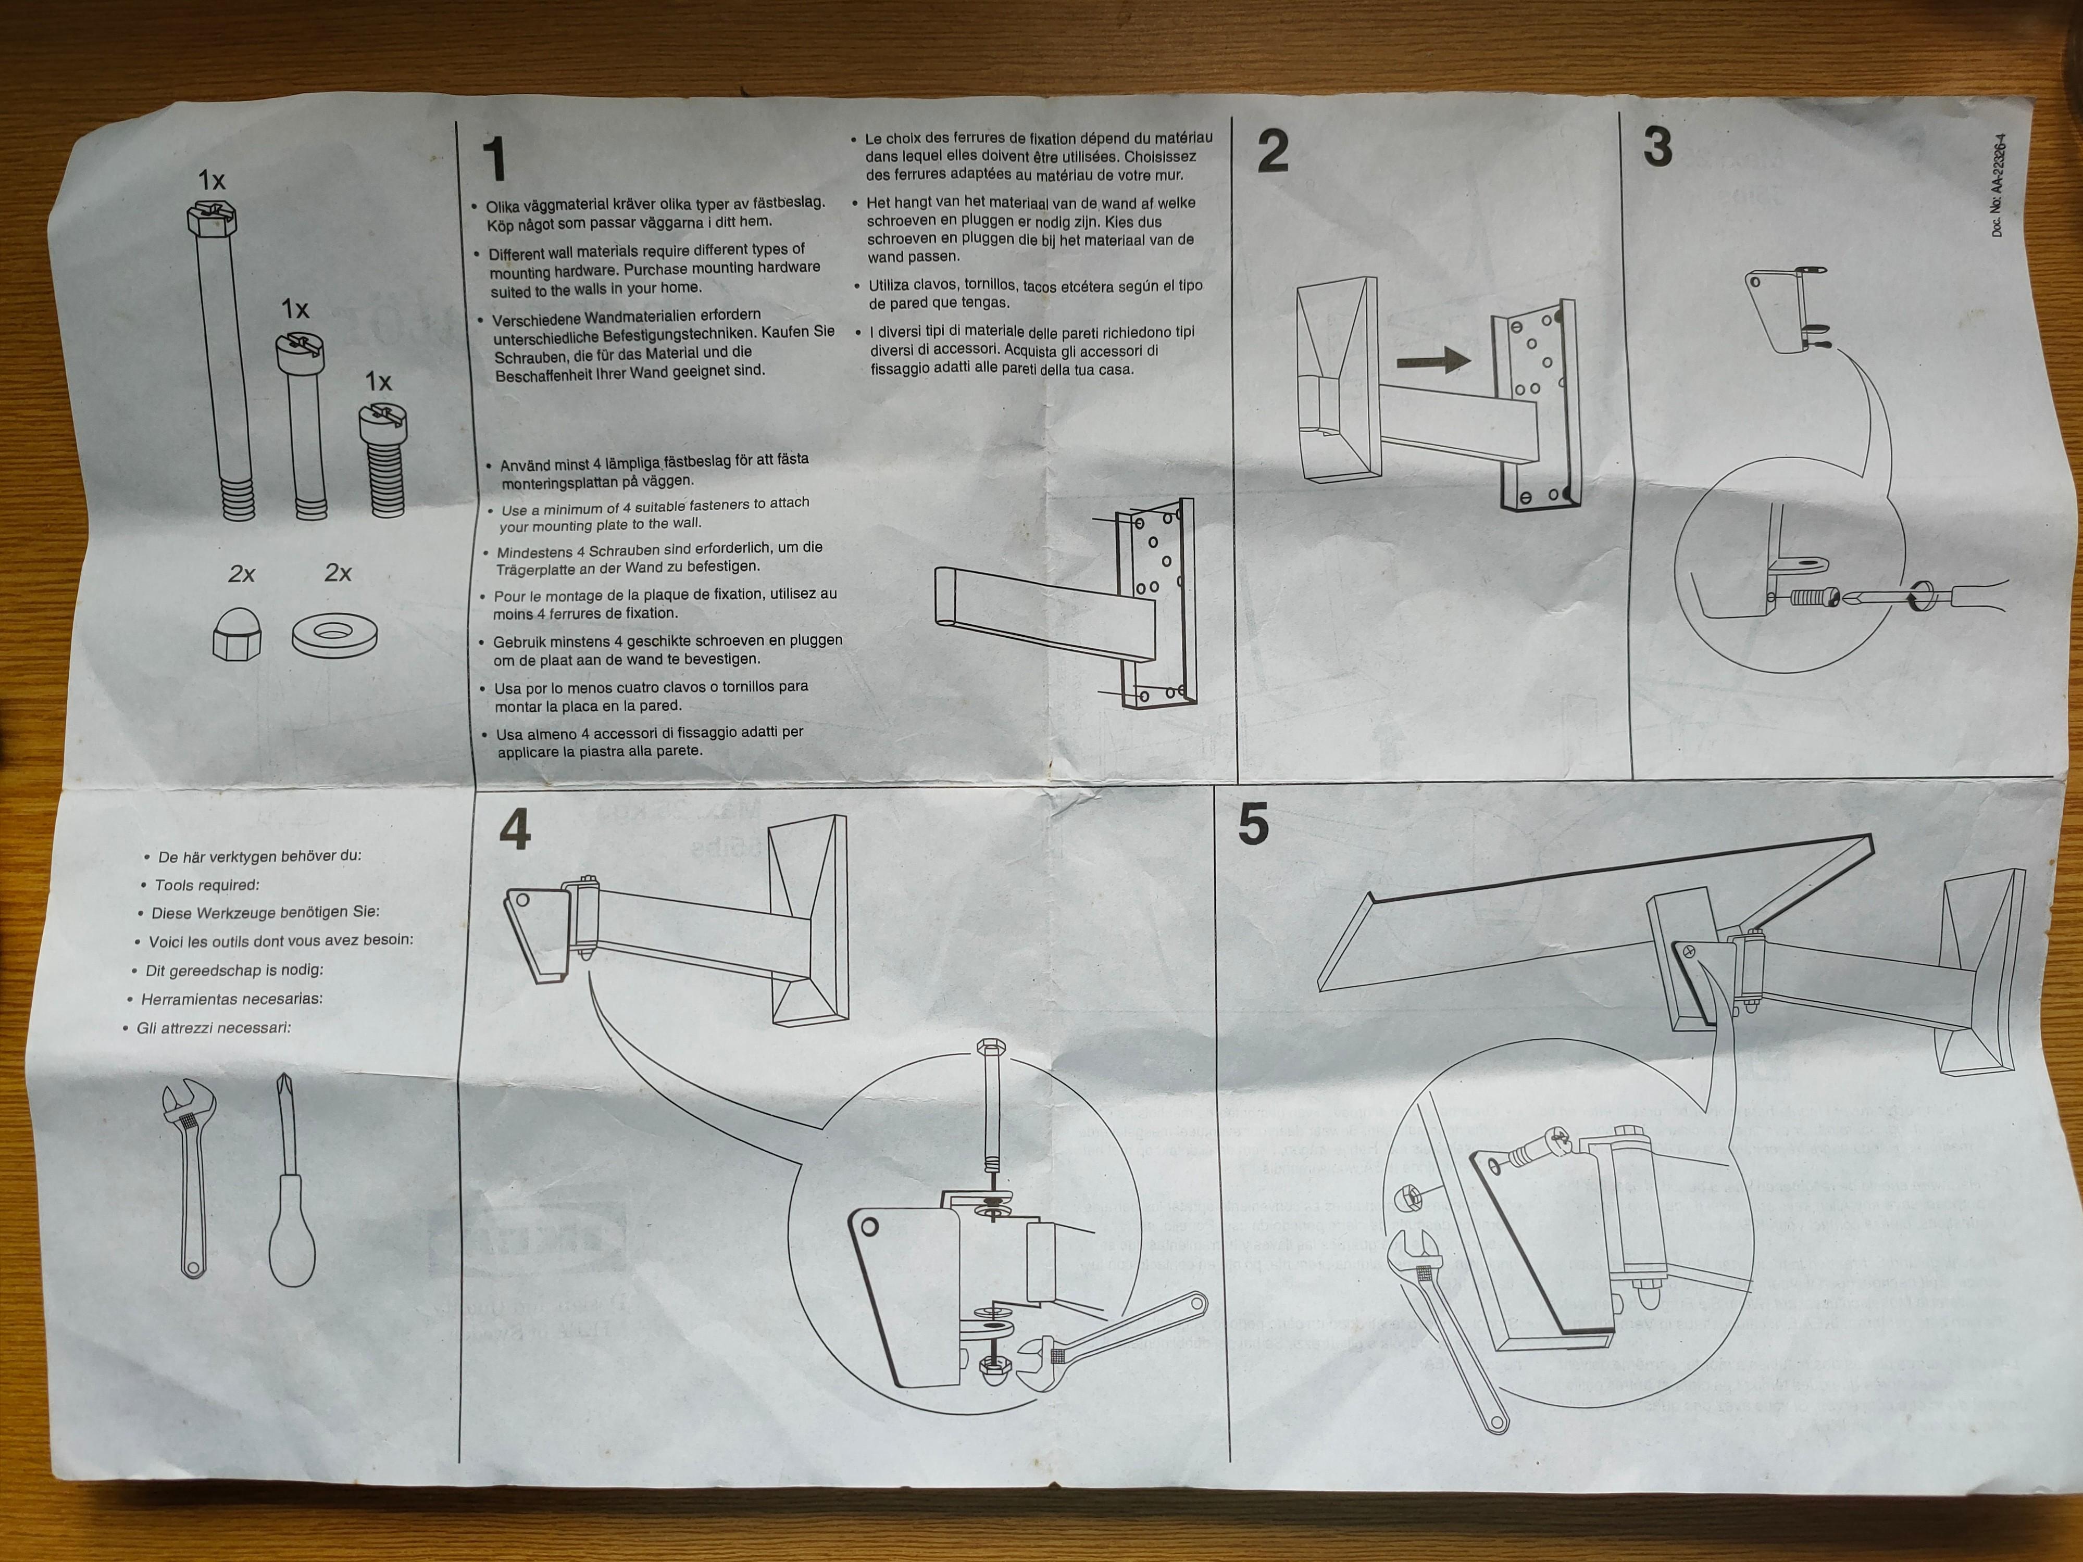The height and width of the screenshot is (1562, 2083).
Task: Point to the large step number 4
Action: point(515,829)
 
